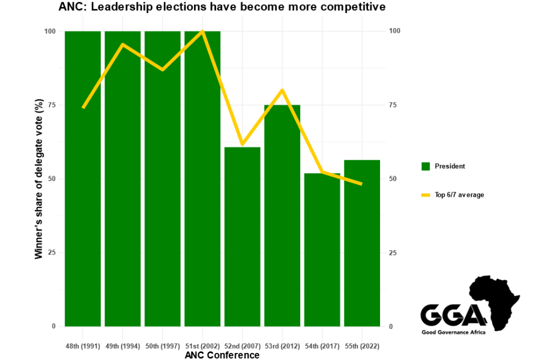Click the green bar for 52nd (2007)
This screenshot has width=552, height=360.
pos(243,237)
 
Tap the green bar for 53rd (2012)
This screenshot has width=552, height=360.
pos(282,216)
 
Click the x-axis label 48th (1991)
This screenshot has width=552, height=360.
pos(82,345)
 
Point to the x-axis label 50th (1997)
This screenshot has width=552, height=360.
pos(162,345)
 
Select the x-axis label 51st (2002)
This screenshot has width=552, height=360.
pos(202,345)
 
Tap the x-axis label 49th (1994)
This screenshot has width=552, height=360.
pos(122,345)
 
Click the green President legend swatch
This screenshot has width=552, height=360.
pos(425,167)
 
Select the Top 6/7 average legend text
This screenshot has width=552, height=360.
pos(459,195)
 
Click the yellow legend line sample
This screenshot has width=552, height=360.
pos(425,195)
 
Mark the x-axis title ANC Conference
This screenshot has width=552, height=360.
pos(222,355)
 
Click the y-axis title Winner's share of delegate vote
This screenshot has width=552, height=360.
pos(39,179)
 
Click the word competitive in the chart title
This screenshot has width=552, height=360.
pos(355,8)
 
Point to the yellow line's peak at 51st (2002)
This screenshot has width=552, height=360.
pos(203,31)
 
